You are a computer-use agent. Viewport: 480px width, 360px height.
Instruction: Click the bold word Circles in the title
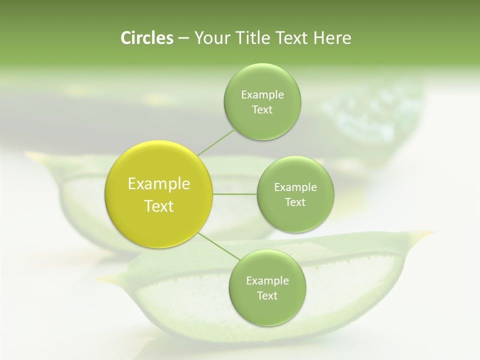(146, 38)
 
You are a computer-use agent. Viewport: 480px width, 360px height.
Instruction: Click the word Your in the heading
(208, 38)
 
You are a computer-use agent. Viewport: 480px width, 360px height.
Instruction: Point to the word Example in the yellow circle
(159, 184)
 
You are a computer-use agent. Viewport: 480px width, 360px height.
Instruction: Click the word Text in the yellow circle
(159, 206)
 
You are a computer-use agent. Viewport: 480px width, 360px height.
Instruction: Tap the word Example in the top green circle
(262, 95)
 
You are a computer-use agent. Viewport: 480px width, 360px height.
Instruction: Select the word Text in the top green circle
(262, 110)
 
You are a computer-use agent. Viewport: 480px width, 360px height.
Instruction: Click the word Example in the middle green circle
(295, 187)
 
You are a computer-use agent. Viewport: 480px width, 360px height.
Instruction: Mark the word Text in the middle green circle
(295, 202)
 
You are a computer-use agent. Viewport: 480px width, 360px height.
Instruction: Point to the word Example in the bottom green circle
(267, 281)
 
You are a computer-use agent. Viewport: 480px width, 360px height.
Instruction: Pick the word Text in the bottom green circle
(267, 296)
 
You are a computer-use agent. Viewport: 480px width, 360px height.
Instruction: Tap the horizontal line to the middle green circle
(235, 194)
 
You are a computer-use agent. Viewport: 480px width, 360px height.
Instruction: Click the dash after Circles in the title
(183, 38)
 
